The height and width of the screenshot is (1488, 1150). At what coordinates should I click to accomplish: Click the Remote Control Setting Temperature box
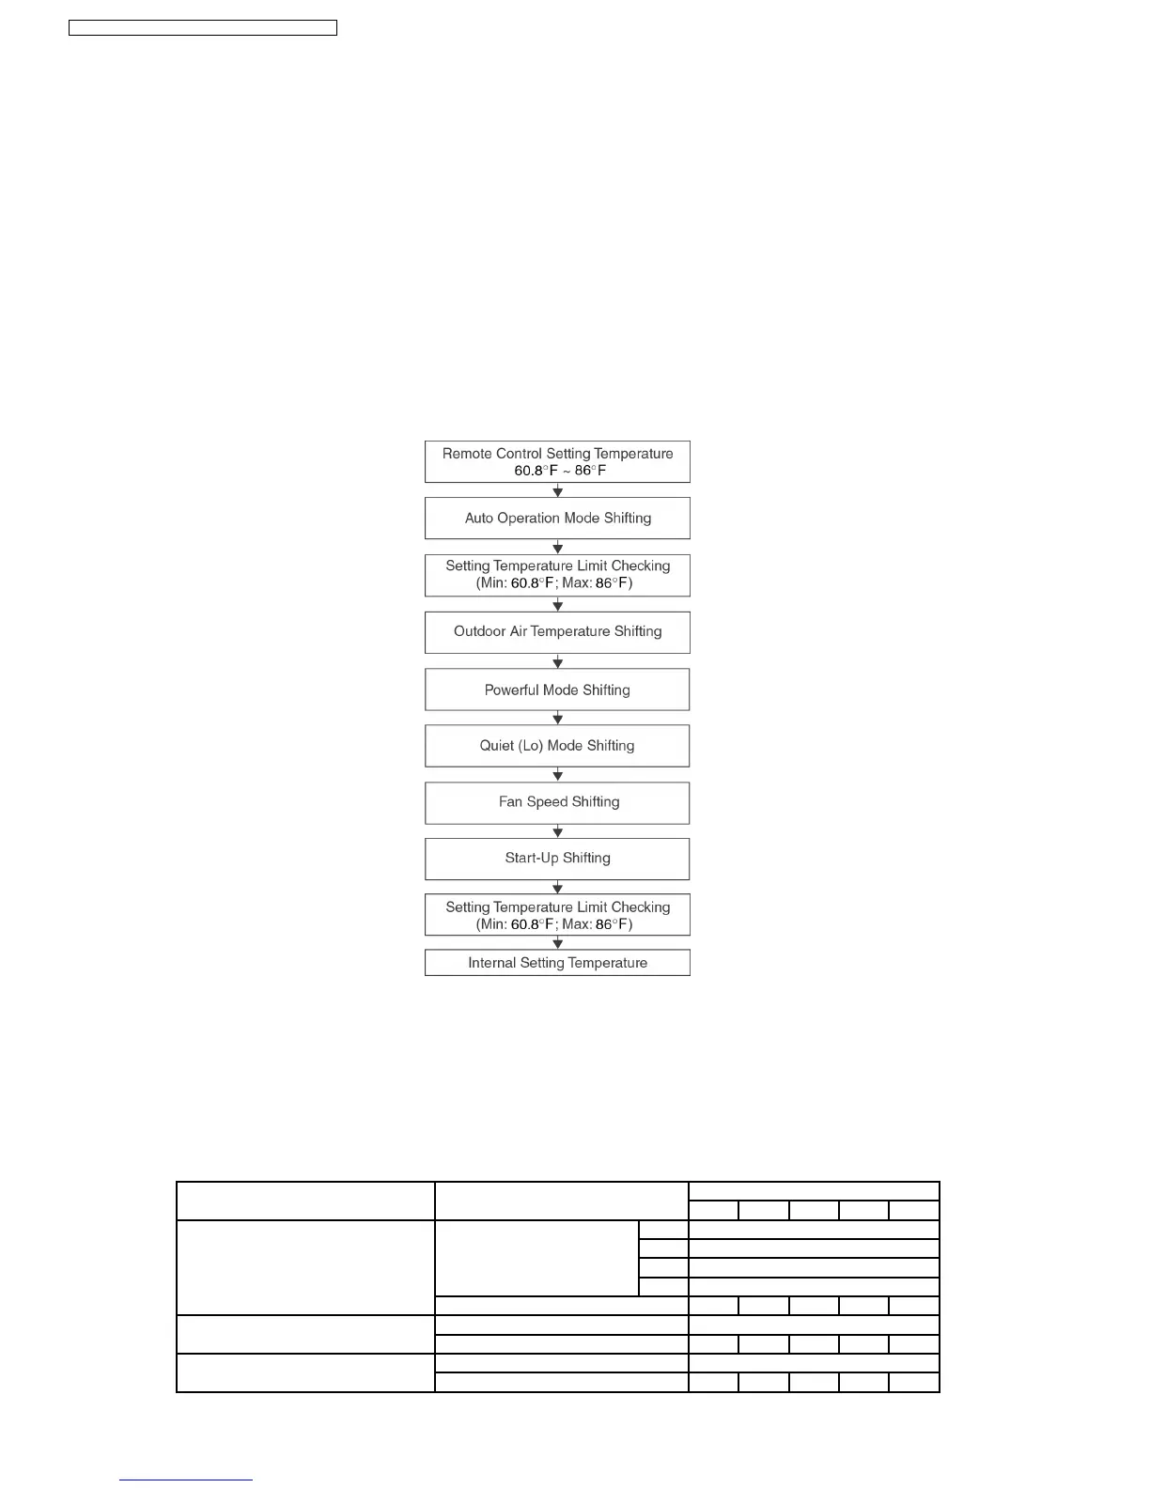(557, 461)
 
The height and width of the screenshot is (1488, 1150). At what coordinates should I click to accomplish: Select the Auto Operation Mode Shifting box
(557, 518)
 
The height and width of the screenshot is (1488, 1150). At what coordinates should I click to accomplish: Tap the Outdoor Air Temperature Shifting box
(557, 631)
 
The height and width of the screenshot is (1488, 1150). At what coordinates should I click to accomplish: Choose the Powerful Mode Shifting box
(557, 690)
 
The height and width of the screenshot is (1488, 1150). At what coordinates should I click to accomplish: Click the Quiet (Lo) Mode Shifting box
(557, 746)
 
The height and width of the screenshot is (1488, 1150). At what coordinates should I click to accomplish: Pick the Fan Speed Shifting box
(557, 802)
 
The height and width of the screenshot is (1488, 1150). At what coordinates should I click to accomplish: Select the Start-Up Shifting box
(557, 859)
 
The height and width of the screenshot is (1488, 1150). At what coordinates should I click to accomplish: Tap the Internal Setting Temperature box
(557, 962)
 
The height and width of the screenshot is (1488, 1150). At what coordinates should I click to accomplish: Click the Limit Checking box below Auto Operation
(557, 575)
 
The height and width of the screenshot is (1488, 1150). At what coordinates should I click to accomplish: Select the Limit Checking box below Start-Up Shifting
(557, 915)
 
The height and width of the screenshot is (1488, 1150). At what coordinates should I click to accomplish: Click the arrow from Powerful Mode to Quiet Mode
(558, 719)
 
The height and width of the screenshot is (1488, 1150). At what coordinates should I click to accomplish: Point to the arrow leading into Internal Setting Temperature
(558, 943)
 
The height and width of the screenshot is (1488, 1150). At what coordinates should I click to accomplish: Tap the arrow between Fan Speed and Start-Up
(558, 831)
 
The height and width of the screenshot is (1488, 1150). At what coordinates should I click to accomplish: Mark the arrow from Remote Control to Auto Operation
(558, 490)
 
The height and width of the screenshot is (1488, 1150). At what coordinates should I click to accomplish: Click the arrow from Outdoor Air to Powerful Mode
(558, 662)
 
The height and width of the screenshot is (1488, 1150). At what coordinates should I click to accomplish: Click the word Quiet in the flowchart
(496, 746)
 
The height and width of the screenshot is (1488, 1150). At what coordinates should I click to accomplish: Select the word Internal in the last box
(491, 962)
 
